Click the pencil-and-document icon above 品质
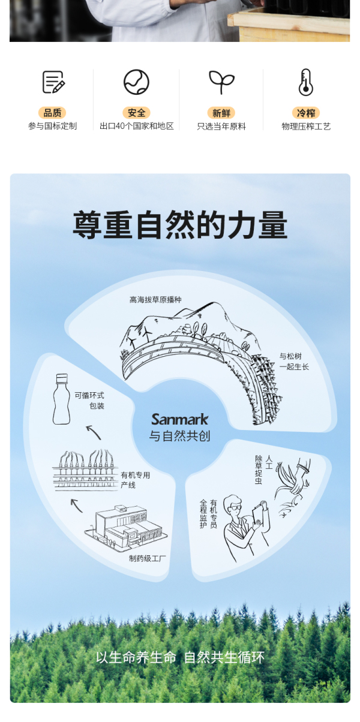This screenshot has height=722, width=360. (53, 82)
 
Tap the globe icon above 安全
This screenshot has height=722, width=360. (136, 82)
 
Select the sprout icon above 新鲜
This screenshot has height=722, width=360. (221, 82)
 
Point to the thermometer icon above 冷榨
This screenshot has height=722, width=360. (306, 82)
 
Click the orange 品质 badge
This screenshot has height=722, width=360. (52, 113)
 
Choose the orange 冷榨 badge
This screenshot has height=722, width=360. (306, 113)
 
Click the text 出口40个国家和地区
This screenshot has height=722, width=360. (136, 127)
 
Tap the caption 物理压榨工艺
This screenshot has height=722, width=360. (306, 127)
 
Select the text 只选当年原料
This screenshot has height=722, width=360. (221, 127)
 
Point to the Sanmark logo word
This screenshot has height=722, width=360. (179, 419)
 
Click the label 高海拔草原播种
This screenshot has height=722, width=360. (155, 300)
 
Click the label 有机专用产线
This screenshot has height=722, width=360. (136, 480)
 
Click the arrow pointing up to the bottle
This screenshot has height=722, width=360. (94, 432)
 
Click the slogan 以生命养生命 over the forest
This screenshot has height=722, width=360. (136, 657)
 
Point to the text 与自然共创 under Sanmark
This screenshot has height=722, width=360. (179, 436)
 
